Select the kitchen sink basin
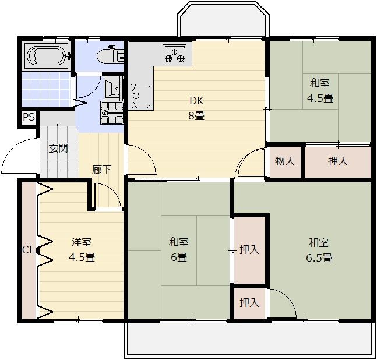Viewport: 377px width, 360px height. tap(140, 96)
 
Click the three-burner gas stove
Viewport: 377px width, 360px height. tap(175, 55)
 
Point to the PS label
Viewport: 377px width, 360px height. tap(29, 117)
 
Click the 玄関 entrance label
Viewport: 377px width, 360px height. tap(58, 149)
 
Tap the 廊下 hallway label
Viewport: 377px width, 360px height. tap(101, 170)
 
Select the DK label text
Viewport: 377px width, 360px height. tap(196, 101)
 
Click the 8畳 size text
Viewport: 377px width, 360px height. tap(196, 116)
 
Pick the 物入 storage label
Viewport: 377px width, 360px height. tap(285, 161)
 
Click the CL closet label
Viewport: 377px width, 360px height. tap(28, 250)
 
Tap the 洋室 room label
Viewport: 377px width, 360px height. tap(82, 242)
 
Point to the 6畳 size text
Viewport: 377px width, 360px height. tap(179, 257)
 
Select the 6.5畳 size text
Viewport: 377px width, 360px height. tap(319, 258)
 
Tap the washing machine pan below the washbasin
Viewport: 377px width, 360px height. tap(112, 112)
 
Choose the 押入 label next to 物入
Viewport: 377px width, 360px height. tap(338, 161)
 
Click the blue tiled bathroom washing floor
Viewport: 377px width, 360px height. tap(47, 89)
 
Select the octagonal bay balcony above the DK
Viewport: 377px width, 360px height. tap(223, 19)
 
